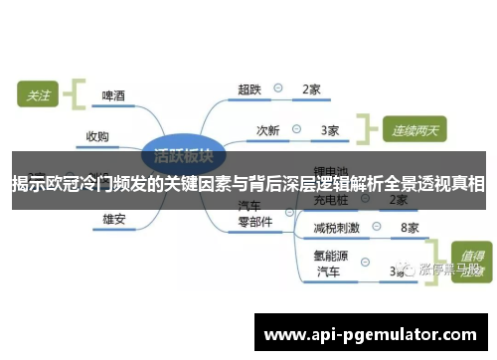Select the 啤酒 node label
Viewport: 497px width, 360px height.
(114, 96)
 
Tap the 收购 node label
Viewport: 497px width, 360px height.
(97, 136)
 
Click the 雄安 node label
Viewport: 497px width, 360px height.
(114, 218)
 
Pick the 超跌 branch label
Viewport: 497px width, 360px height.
(249, 90)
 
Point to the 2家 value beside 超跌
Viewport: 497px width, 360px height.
(311, 90)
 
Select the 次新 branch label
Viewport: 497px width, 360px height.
(268, 130)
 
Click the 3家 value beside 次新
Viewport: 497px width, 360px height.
(330, 130)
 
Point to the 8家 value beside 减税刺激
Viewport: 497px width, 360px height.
(410, 228)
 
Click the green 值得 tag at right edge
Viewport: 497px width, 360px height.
(469, 251)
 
